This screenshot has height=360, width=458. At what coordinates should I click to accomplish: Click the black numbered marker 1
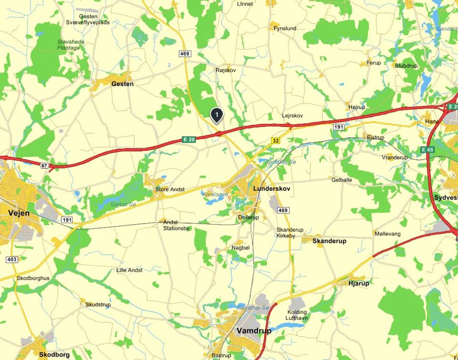tap(217, 115)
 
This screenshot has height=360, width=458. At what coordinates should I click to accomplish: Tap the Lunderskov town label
tap(271, 189)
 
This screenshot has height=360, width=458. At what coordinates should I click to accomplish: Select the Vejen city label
tap(19, 213)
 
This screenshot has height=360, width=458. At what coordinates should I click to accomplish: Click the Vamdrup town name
tap(254, 330)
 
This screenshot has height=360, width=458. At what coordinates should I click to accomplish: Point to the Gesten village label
tap(122, 84)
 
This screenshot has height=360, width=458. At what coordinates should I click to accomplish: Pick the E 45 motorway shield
tap(427, 150)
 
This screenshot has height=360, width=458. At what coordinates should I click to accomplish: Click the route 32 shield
tap(275, 141)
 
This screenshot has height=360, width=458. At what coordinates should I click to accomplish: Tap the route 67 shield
tap(45, 165)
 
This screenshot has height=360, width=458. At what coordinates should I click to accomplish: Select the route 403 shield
tap(12, 259)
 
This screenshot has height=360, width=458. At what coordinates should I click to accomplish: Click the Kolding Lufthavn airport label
tap(300, 315)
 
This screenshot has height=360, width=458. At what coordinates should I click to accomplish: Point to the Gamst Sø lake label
tap(124, 204)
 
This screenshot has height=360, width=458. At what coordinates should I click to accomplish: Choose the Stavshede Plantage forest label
tap(71, 45)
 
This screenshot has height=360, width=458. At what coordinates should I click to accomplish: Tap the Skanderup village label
tap(329, 241)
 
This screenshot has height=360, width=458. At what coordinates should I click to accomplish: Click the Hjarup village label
tap(359, 283)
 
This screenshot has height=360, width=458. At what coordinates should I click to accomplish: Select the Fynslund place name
tap(285, 29)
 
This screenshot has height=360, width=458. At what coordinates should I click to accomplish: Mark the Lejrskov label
tap(292, 116)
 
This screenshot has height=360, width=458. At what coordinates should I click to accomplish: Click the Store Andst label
tap(170, 189)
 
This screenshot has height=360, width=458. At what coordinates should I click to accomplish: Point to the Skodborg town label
tap(54, 355)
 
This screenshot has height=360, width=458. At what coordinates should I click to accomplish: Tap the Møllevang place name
tap(387, 234)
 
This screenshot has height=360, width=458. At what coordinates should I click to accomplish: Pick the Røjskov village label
tap(226, 70)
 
